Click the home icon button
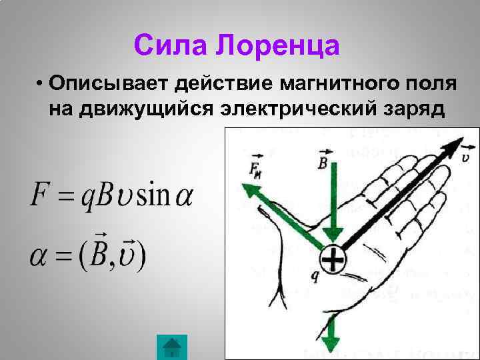click(x=172, y=347)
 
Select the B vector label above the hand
click(x=323, y=160)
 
